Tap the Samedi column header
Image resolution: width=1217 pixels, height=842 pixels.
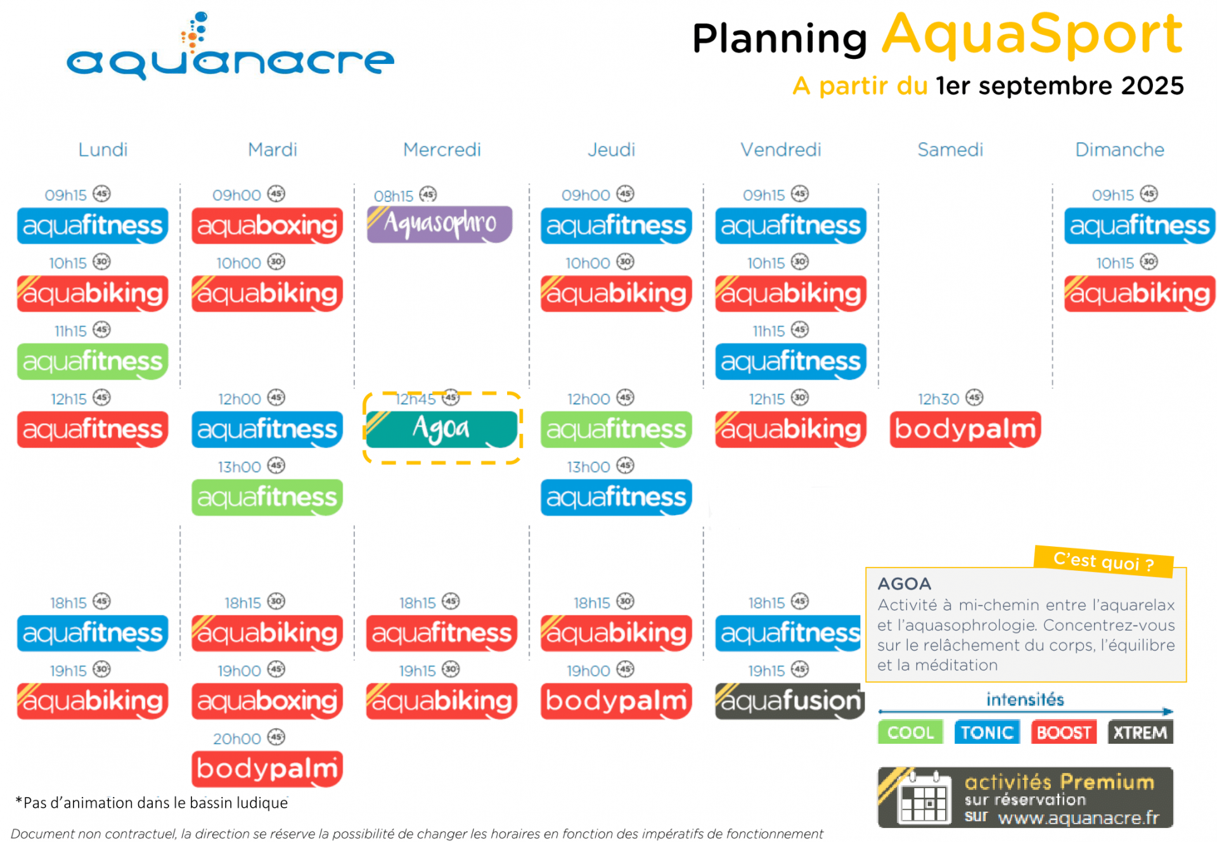click(950, 150)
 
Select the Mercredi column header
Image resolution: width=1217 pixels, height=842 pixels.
click(442, 150)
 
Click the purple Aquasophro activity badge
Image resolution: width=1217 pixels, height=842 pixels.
click(439, 224)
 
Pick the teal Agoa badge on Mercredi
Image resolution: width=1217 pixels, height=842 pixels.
click(442, 429)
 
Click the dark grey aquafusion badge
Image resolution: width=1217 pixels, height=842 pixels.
click(790, 701)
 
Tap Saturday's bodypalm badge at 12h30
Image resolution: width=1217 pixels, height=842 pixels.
click(965, 429)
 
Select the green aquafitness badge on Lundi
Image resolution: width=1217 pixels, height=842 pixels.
click(93, 361)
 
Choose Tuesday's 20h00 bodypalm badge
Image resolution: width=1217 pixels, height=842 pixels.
click(267, 769)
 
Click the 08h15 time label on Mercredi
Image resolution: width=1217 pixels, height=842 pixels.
click(393, 196)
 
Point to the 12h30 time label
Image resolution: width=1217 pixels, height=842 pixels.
click(938, 399)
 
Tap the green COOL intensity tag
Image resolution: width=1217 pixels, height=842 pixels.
click(910, 732)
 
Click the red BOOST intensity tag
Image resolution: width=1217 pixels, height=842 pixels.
click(1064, 732)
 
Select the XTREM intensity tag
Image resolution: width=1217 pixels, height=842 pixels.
click(1140, 732)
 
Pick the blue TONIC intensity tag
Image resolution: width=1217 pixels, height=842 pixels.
click(987, 732)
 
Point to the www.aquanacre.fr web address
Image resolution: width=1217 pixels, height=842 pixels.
click(1078, 818)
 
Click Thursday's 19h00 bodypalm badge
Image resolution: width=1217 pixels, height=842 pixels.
click(616, 701)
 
